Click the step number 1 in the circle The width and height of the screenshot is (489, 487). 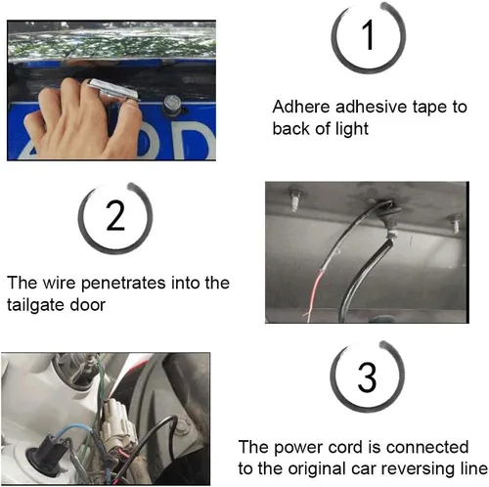(x=369, y=35)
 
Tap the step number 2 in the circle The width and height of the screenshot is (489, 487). (x=115, y=215)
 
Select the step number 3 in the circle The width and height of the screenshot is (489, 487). (x=368, y=376)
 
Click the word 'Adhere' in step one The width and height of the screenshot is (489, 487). (x=301, y=107)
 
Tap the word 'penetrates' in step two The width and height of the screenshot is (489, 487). (x=123, y=283)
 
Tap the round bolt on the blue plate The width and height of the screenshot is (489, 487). (x=171, y=104)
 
